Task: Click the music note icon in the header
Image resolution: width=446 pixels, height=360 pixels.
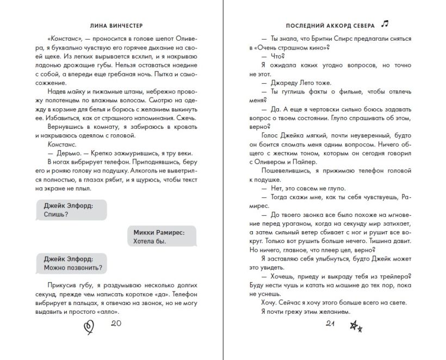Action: tap(385, 23)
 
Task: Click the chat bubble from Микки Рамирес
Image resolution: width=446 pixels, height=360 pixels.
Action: tap(158, 236)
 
